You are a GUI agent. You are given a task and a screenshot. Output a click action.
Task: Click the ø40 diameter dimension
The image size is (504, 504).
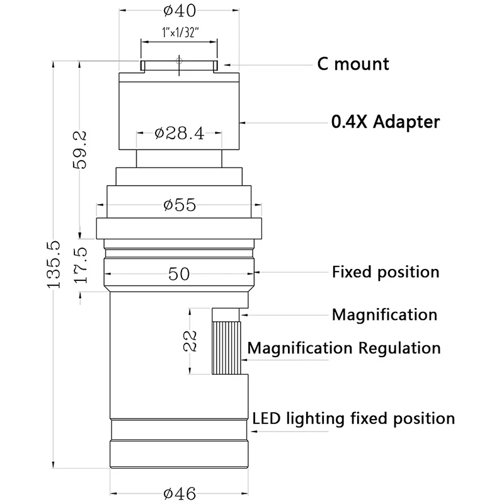pos(180,11)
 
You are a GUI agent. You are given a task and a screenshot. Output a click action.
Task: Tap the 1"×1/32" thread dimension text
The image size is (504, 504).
pos(180,32)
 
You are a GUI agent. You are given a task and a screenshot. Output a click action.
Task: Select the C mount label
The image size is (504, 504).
pos(353,64)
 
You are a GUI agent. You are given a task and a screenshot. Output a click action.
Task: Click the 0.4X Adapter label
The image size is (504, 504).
pos(386,122)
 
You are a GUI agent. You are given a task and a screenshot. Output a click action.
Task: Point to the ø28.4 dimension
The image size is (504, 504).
pos(180,133)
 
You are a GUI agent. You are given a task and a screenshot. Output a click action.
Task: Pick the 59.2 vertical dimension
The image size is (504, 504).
pos(80,149)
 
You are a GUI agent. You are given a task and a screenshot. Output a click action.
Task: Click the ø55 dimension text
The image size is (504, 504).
pos(180,205)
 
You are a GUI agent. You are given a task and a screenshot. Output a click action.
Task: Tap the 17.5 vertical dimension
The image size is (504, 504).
pos(81,265)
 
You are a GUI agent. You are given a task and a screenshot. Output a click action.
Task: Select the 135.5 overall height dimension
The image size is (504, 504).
pos(54,264)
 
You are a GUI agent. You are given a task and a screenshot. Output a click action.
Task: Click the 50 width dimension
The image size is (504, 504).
pos(179,274)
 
